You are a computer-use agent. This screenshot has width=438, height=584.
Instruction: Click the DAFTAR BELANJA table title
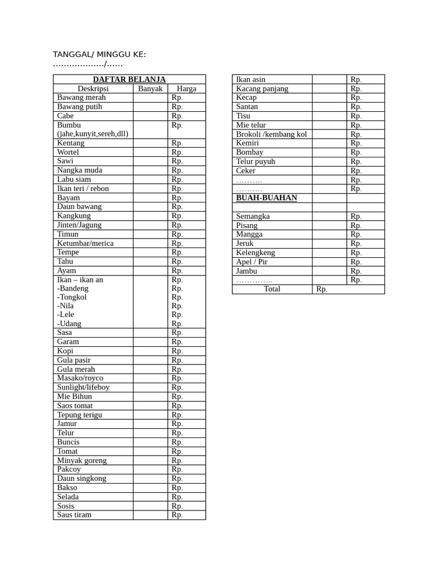click(x=129, y=79)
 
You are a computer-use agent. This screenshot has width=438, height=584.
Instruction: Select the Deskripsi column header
click(x=93, y=88)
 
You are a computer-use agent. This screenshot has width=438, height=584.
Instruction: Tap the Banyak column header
click(x=151, y=88)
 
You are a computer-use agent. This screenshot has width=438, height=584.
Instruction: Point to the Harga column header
click(x=186, y=88)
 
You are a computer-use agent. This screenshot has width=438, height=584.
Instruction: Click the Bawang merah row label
click(x=81, y=98)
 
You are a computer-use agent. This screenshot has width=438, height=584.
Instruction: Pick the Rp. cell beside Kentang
click(x=177, y=143)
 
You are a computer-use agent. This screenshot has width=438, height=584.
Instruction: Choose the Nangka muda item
click(x=80, y=170)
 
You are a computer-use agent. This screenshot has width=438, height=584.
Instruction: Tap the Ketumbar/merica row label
click(x=85, y=243)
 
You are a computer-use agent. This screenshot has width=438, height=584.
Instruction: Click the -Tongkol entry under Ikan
click(x=72, y=297)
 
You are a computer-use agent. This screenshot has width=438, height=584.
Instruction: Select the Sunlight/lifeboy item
click(x=83, y=387)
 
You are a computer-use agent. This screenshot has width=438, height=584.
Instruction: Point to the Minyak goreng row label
click(x=82, y=460)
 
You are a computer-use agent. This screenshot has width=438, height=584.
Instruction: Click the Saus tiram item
click(x=74, y=514)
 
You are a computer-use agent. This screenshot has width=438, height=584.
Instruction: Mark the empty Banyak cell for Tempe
click(x=151, y=252)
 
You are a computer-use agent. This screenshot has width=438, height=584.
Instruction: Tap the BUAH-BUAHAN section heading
click(x=266, y=198)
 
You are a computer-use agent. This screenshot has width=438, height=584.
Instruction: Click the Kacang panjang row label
click(x=262, y=88)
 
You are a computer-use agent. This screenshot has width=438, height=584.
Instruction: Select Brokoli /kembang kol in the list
click(x=271, y=134)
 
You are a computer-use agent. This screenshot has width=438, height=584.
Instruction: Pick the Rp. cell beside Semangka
click(x=356, y=216)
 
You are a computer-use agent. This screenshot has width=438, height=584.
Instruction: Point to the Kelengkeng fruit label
click(x=255, y=253)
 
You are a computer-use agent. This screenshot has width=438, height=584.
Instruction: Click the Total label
click(x=272, y=289)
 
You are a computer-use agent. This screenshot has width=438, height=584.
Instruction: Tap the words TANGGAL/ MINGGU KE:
click(x=99, y=54)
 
